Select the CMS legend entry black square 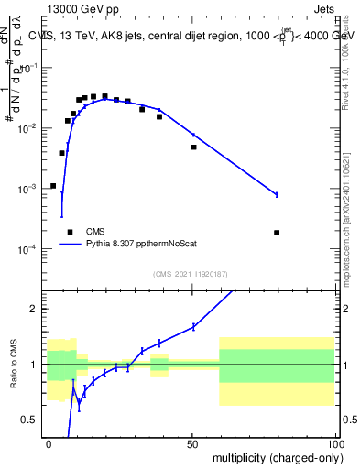[70, 232]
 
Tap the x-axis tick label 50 [192, 442]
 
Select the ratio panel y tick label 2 [38, 309]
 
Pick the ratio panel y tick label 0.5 [33, 420]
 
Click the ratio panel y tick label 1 [38, 365]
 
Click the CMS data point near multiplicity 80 [277, 233]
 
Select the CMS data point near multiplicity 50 [193, 147]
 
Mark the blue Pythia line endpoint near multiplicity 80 [277, 194]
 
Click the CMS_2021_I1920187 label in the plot [191, 274]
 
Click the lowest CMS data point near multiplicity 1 [53, 186]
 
